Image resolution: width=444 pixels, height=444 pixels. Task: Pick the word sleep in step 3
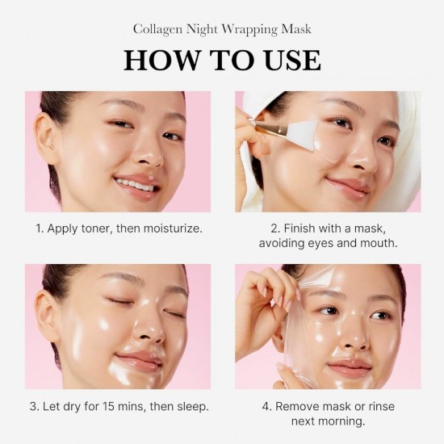pos(190,406)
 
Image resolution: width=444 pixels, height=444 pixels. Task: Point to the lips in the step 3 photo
pos(138,358)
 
